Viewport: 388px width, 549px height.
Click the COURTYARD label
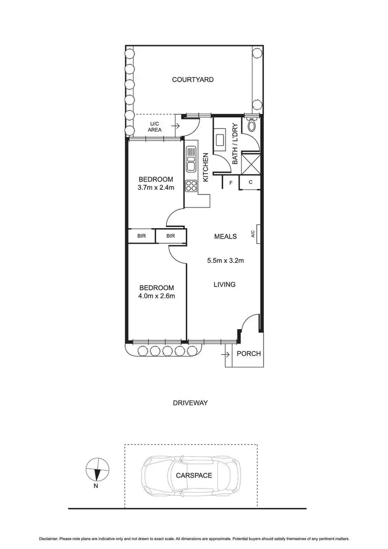click(193, 80)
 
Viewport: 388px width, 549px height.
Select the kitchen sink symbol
click(190, 160)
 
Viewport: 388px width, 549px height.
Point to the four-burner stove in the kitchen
click(190, 185)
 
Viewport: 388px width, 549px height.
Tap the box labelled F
click(230, 182)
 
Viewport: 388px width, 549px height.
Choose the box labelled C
click(250, 182)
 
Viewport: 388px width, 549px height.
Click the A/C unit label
click(253, 234)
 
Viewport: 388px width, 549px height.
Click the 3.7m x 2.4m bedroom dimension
click(156, 187)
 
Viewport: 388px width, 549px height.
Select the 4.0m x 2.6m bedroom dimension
click(156, 296)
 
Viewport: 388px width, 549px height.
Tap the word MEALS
click(226, 236)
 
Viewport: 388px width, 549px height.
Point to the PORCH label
click(248, 354)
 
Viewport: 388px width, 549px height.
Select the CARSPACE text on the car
click(193, 476)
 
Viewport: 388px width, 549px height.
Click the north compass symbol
click(97, 470)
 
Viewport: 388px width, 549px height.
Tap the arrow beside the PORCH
click(225, 354)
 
